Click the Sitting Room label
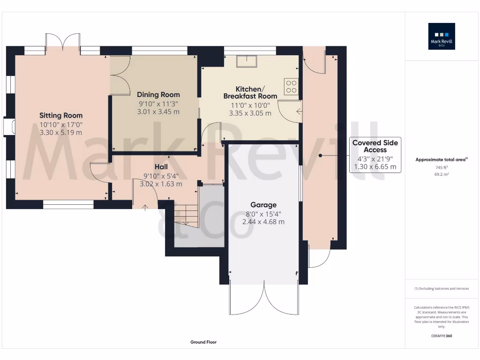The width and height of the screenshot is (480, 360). [61, 115]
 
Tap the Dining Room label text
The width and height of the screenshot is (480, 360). [158, 95]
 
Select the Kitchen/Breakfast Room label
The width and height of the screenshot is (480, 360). [250, 92]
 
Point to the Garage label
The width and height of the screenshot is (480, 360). [263, 205]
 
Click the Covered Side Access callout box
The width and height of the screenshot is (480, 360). [375, 155]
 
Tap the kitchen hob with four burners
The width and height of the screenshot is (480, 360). [291, 86]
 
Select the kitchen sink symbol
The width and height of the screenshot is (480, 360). [247, 61]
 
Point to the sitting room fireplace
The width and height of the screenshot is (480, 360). [9, 127]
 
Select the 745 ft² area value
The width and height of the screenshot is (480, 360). [442, 167]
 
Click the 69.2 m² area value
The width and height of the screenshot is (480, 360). [442, 174]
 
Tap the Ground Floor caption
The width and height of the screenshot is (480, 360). [203, 342]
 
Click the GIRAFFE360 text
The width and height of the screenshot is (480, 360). [442, 336]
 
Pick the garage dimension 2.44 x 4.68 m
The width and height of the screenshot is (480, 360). [263, 222]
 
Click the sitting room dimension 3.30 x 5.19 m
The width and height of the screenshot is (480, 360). [61, 132]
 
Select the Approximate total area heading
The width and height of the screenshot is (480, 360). [441, 160]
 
